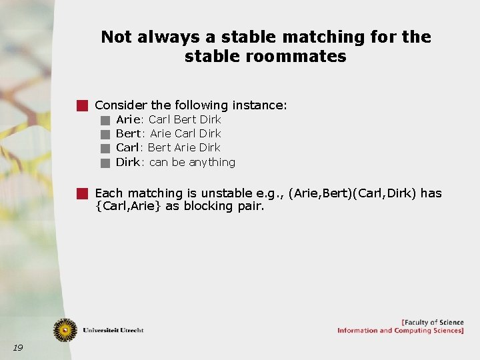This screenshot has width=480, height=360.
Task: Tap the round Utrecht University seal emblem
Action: (x=65, y=329)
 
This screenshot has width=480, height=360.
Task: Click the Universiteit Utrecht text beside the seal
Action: (x=113, y=330)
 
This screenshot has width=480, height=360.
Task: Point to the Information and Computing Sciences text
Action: (x=400, y=331)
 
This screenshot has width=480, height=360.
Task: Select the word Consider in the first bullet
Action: (x=121, y=105)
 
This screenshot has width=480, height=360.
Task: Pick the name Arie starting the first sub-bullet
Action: (x=128, y=119)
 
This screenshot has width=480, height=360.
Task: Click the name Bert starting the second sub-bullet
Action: (x=128, y=133)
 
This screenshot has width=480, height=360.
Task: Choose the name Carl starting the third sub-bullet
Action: (x=127, y=147)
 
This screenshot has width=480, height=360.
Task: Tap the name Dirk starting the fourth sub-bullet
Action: (x=128, y=162)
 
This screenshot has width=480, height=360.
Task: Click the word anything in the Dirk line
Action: (x=212, y=162)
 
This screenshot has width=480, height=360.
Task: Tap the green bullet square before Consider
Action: (x=82, y=105)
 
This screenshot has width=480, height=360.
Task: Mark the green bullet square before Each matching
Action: (x=82, y=193)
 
